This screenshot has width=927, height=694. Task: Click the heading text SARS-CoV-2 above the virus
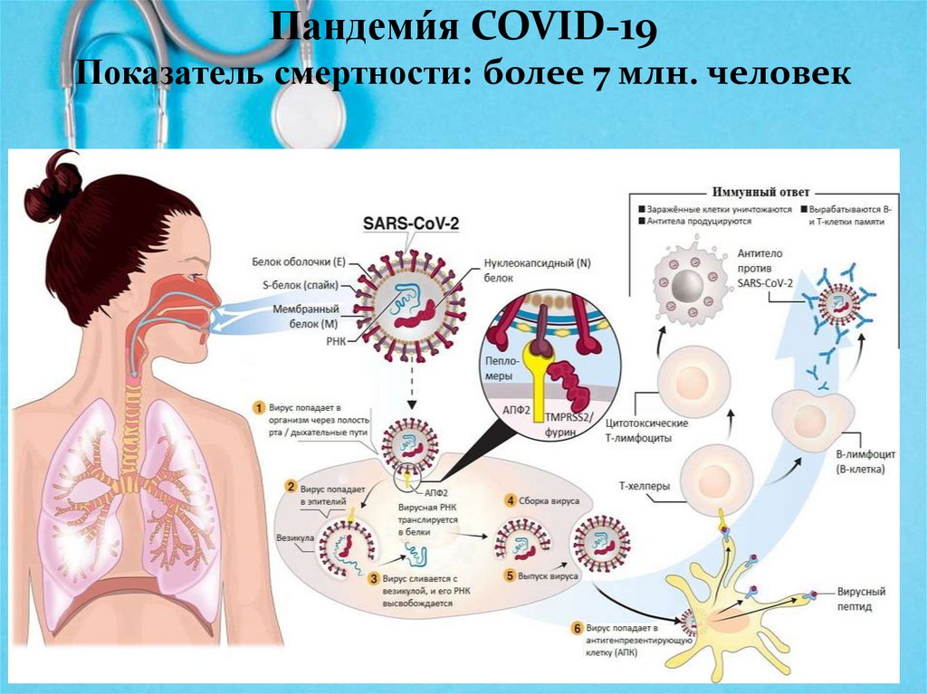pyautogui.click(x=410, y=223)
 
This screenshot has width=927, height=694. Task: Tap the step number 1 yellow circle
pyautogui.click(x=259, y=407)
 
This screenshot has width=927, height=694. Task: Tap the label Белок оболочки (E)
pyautogui.click(x=300, y=262)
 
